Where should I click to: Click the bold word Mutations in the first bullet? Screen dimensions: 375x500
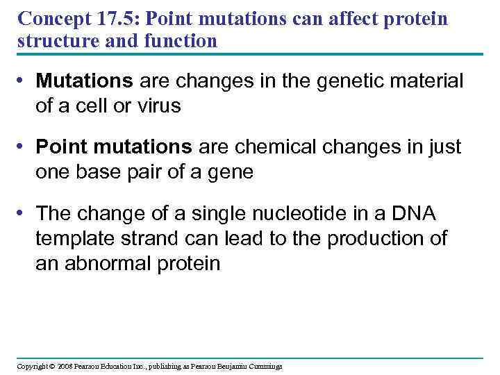point(84,82)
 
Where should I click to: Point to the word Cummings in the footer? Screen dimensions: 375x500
point(263,366)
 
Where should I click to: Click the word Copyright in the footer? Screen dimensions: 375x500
point(31,366)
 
